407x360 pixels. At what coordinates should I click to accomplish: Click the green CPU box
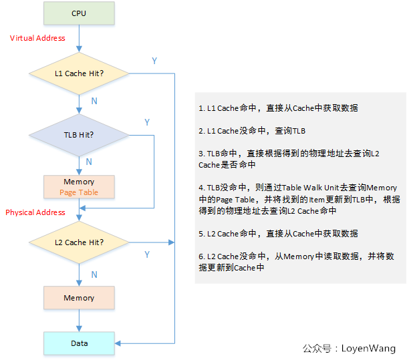[x=79, y=13]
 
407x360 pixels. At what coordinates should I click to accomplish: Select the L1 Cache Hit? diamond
[x=79, y=72]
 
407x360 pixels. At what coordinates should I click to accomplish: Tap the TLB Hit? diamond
[x=79, y=134]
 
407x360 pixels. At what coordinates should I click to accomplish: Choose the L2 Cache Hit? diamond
[x=79, y=241]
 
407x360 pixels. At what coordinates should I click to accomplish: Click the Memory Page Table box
[x=79, y=187]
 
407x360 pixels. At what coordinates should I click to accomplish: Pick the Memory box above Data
[x=79, y=298]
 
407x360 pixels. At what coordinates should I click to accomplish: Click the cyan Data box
[x=79, y=343]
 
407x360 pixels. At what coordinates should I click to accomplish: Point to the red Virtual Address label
[x=37, y=38]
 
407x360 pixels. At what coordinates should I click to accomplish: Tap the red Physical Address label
[x=35, y=212]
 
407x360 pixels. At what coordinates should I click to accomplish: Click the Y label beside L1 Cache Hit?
[x=154, y=61]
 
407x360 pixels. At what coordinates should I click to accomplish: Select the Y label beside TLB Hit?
[x=147, y=122]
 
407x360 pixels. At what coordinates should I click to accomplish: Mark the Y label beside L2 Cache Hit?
[x=147, y=254]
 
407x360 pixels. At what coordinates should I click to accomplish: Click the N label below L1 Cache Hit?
[x=94, y=100]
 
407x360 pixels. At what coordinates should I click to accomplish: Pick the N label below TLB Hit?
[x=89, y=162]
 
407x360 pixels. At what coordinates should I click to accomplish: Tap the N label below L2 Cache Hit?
[x=94, y=275]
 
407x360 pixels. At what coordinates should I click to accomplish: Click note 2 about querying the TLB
[x=252, y=131]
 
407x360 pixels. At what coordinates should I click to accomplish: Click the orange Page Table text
[x=79, y=192]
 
